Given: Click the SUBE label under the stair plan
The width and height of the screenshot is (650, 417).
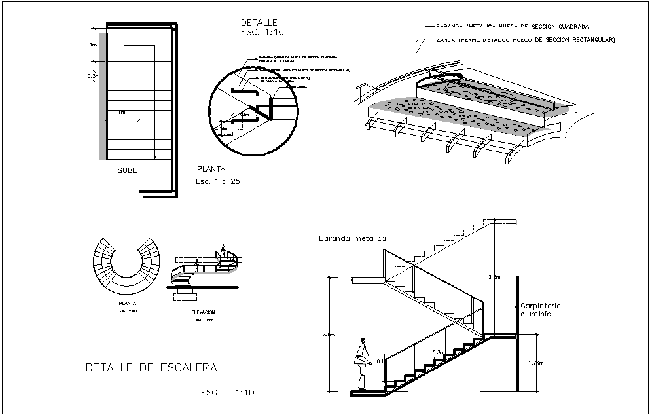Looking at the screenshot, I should coord(127,170).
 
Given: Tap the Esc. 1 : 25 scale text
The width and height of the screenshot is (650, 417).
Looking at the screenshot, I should coord(217,181).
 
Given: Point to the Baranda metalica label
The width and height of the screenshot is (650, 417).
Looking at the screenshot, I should coord(352,239).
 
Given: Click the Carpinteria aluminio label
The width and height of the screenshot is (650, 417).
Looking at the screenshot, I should coord(541,310).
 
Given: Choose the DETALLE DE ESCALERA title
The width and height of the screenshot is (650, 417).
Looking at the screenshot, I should coord(151,367).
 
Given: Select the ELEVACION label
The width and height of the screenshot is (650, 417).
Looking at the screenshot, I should coord(203,312).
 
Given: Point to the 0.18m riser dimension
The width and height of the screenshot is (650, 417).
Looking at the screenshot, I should coord(386,361).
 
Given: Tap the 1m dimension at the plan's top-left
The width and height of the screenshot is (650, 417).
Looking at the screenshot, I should coord(94,45).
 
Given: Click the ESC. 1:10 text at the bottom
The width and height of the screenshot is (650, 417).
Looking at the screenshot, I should coord(227,393).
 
